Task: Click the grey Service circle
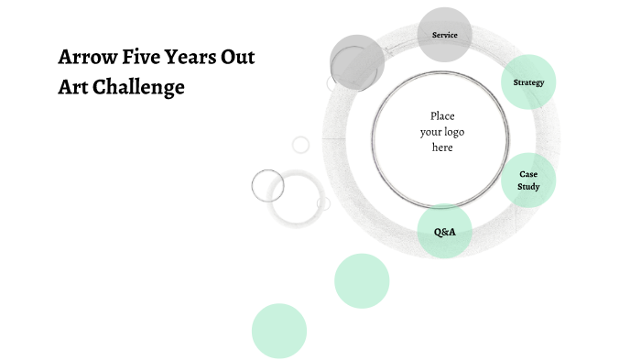(x=444, y=35)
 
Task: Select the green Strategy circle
(x=528, y=82)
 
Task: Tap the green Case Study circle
(x=528, y=180)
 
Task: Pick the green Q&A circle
(x=444, y=232)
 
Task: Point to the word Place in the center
(x=442, y=115)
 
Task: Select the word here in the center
(x=442, y=147)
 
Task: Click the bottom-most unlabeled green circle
(x=278, y=331)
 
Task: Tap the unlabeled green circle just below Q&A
(x=362, y=281)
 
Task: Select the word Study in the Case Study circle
(x=528, y=187)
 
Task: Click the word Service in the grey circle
(x=444, y=35)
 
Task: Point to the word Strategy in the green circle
(x=528, y=82)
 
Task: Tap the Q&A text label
(x=444, y=232)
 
